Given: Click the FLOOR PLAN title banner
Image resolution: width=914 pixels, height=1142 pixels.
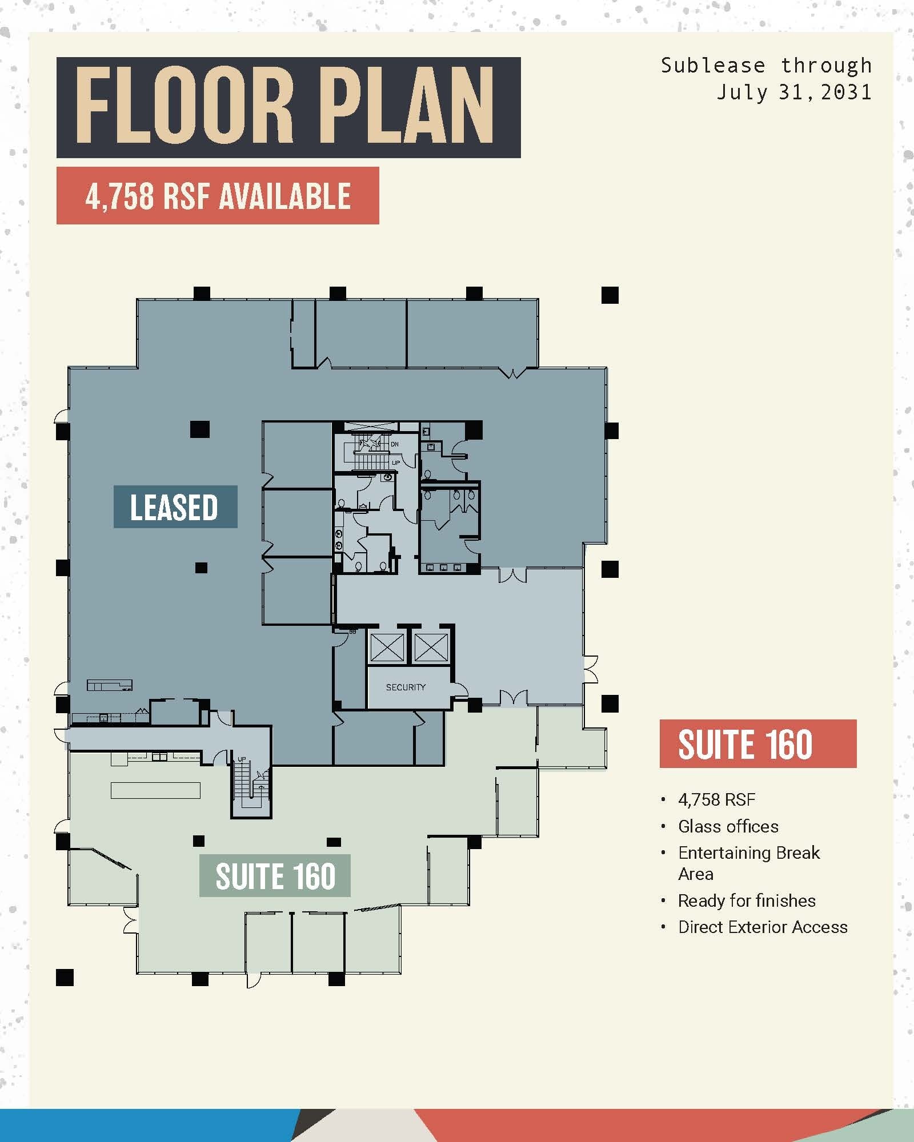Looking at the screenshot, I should click(x=288, y=107).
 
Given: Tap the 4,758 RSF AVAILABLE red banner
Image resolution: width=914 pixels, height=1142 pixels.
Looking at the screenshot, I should click(x=218, y=196).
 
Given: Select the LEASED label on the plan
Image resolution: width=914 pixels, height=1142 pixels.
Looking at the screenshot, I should click(x=175, y=507).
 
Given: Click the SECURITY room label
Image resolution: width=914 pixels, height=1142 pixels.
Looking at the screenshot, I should click(x=406, y=687).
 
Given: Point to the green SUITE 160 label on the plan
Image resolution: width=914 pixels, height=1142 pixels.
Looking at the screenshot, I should click(x=275, y=876).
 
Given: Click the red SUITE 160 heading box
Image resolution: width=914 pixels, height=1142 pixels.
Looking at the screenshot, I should click(x=757, y=744).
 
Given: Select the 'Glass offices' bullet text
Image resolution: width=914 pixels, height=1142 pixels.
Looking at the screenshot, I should click(x=728, y=826).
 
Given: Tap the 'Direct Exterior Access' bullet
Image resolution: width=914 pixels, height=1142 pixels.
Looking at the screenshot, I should click(x=763, y=927).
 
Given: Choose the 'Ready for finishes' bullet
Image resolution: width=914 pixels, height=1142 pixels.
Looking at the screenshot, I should click(x=747, y=900).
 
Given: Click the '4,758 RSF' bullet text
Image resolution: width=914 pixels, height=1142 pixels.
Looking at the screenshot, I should click(x=716, y=799).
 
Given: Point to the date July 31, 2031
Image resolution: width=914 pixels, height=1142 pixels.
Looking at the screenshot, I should click(x=794, y=92).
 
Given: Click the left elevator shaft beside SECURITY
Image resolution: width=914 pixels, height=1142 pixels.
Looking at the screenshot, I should click(x=387, y=648).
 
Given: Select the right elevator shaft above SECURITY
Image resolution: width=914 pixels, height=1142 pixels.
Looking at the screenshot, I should click(x=431, y=648).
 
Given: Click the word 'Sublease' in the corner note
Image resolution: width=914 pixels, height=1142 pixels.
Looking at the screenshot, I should click(x=712, y=66).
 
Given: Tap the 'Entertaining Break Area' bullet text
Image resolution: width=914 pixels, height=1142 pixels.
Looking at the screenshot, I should click(x=748, y=863).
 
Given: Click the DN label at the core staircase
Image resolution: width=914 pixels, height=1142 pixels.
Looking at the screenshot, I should click(x=395, y=444).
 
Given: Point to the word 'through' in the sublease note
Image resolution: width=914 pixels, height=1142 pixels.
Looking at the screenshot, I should click(x=826, y=66).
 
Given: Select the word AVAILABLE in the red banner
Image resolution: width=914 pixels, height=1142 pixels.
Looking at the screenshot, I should click(x=284, y=196).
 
